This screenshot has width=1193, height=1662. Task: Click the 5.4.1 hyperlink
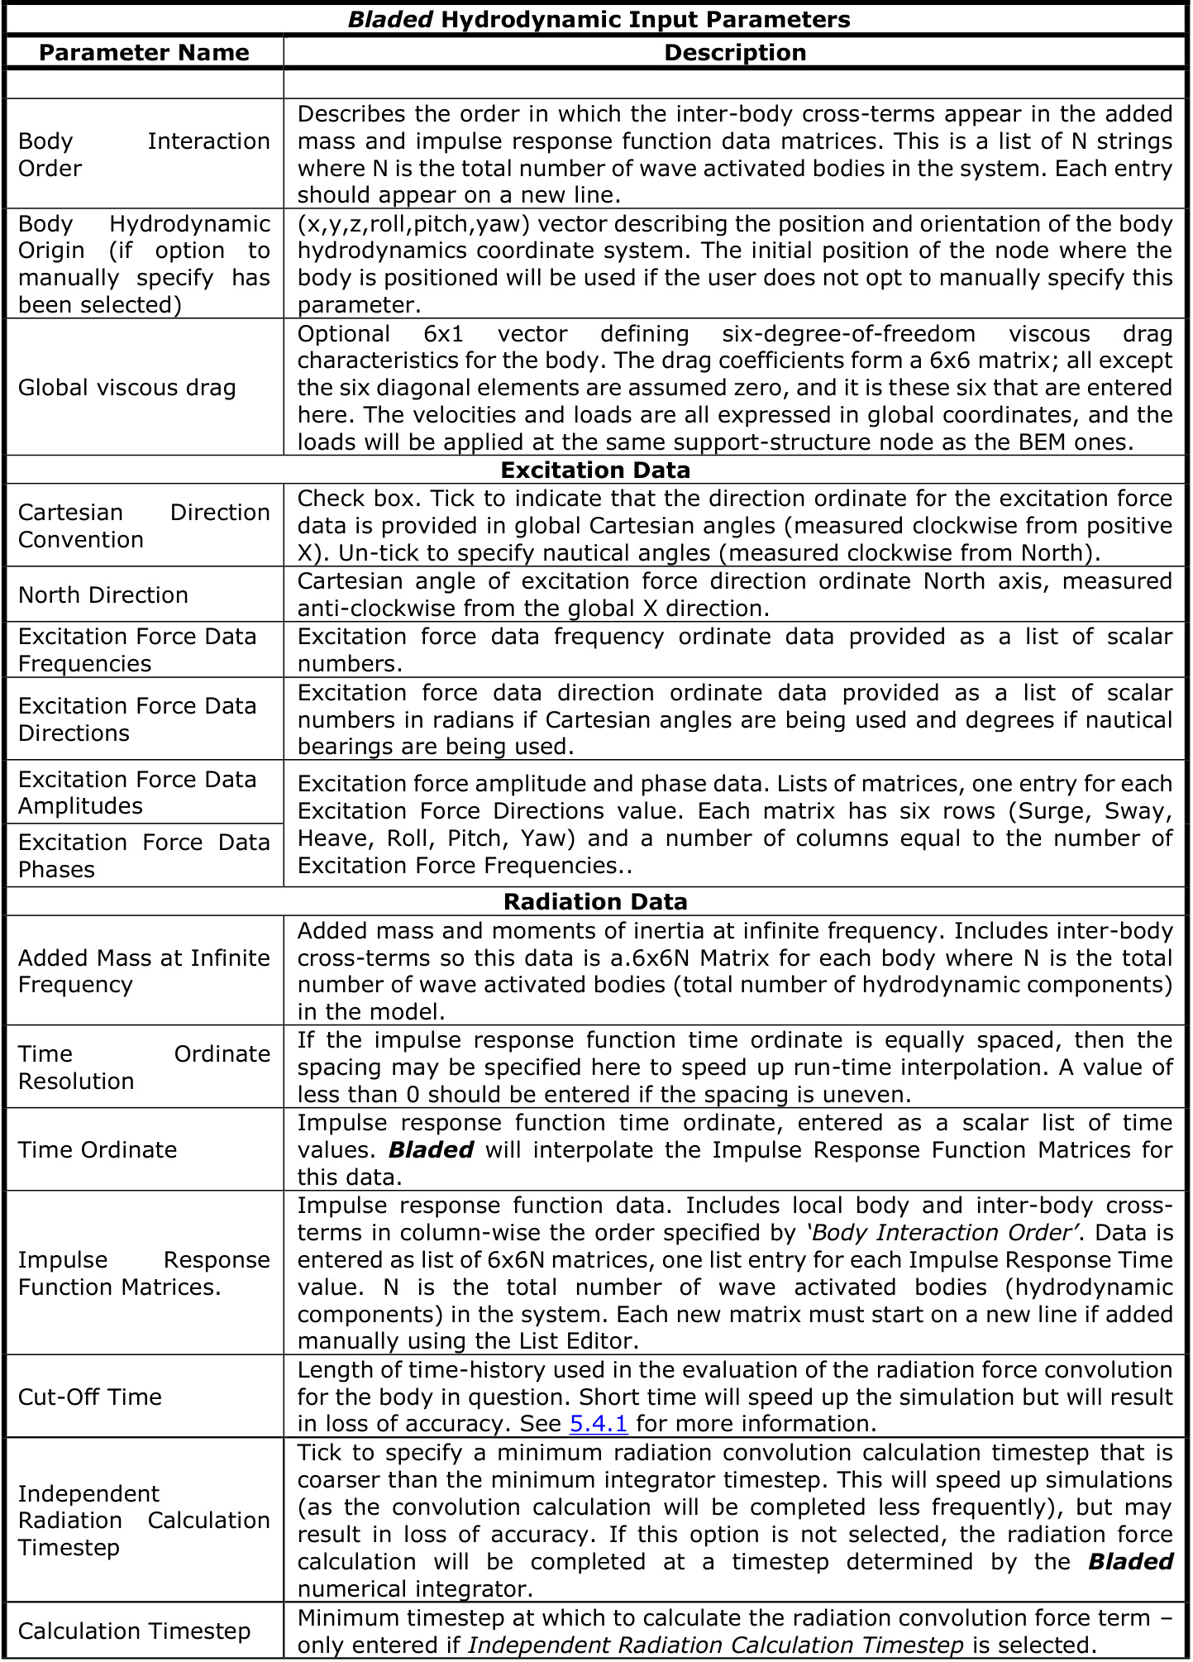599,1423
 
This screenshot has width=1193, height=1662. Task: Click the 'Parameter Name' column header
144,53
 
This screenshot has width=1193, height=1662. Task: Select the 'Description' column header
735,53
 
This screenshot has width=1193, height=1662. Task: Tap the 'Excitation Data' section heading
595,470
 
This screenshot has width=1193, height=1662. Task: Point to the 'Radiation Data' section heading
595,901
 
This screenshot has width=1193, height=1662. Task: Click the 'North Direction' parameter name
103,595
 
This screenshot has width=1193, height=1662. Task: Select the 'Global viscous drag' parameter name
127,387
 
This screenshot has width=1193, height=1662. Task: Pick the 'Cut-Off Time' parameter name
90,1397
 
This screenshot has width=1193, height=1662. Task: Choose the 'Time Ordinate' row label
98,1149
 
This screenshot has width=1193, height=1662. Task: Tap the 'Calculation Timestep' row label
134,1631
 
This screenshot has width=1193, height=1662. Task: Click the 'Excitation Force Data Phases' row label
144,856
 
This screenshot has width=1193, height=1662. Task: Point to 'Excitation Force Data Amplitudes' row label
137,792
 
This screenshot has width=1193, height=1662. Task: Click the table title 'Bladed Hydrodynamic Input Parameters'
599,19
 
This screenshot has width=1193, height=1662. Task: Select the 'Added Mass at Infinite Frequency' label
144,971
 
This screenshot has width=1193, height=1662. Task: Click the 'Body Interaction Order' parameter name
144,155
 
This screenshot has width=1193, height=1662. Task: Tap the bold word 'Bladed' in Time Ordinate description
431,1149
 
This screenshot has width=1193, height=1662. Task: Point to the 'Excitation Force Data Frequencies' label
137,650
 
